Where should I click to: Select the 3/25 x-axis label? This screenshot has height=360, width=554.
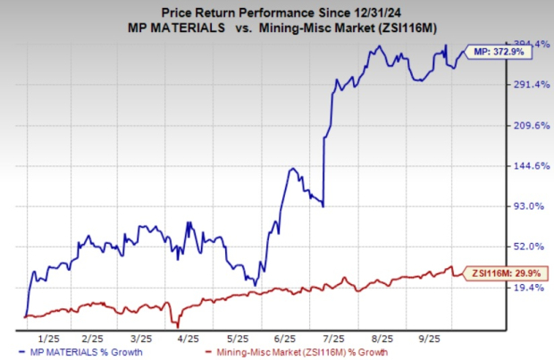[x=141, y=339]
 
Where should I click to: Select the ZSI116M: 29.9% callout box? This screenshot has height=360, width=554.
[x=496, y=273]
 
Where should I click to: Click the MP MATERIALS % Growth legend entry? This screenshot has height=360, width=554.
[x=91, y=353]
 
